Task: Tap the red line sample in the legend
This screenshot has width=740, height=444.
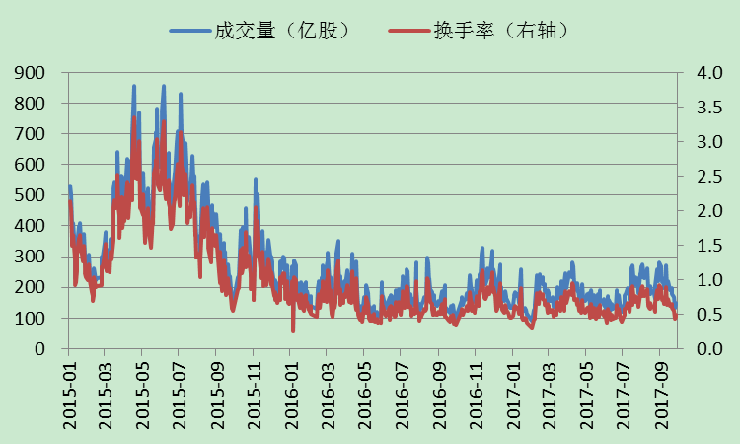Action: click(x=408, y=31)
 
